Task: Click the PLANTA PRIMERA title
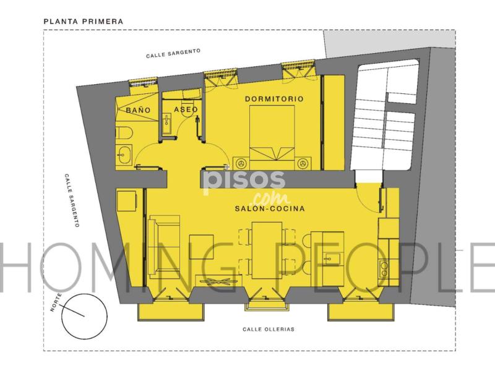pyautogui.click(x=84, y=22)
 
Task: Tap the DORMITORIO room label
pyautogui.click(x=274, y=99)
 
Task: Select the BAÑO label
pyautogui.click(x=138, y=110)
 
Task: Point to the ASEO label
pyautogui.click(x=186, y=109)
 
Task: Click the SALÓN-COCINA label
pyautogui.click(x=270, y=208)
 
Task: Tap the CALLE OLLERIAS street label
pyautogui.click(x=269, y=330)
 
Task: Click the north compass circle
pyautogui.click(x=84, y=317)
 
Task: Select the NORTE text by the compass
pyautogui.click(x=56, y=302)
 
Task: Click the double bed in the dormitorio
pyautogui.click(x=272, y=137)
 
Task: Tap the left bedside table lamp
pyautogui.click(x=242, y=163)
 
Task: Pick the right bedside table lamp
pyautogui.click(x=303, y=163)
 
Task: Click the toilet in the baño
pyautogui.click(x=124, y=134)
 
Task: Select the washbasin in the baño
pyautogui.click(x=124, y=155)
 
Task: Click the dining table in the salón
pyautogui.click(x=267, y=250)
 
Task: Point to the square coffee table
pyautogui.click(x=201, y=247)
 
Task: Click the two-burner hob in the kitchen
pyautogui.click(x=384, y=269)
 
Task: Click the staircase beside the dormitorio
pyautogui.click(x=384, y=115)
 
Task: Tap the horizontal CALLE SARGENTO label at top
pyautogui.click(x=173, y=53)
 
